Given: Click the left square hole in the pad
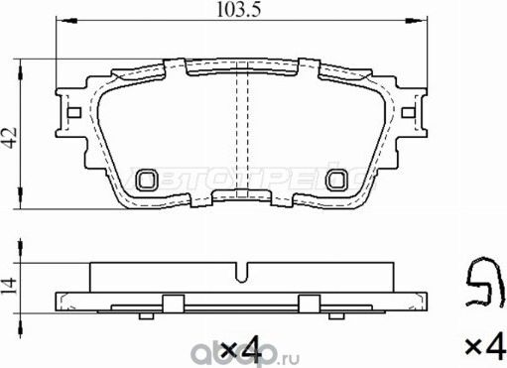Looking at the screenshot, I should [149, 179].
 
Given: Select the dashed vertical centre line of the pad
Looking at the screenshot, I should [241, 129].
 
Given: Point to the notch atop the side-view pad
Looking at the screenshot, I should [242, 269].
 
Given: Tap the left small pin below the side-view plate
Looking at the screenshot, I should [146, 315].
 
